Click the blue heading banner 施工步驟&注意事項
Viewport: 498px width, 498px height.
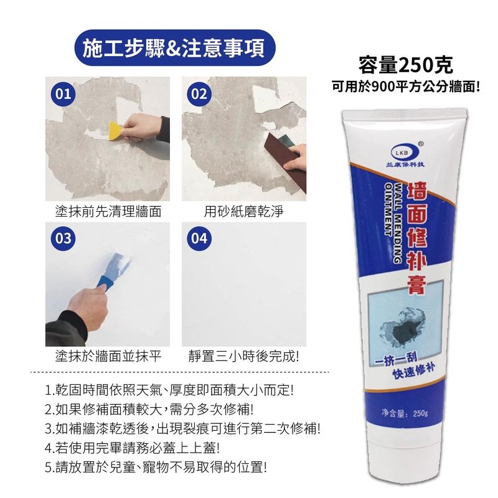click(x=175, y=48)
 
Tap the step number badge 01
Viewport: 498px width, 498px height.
click(x=63, y=95)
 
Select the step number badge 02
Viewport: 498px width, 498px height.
click(x=199, y=95)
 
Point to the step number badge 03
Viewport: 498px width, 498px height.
click(x=63, y=238)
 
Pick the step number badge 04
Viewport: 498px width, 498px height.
click(x=199, y=238)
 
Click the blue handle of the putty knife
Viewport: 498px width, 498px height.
click(x=105, y=283)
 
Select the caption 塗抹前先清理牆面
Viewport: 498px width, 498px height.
click(x=108, y=212)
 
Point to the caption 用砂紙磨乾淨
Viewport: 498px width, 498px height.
click(x=243, y=212)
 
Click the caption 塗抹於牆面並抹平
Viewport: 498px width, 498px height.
click(x=108, y=356)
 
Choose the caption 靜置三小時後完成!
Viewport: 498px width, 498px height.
click(x=243, y=356)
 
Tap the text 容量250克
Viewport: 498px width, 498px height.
click(x=406, y=65)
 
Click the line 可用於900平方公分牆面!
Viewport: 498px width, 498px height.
click(x=406, y=86)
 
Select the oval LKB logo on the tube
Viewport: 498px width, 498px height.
click(x=403, y=153)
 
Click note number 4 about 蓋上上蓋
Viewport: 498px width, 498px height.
click(x=133, y=448)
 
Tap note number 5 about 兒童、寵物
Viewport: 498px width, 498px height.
click(x=156, y=467)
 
